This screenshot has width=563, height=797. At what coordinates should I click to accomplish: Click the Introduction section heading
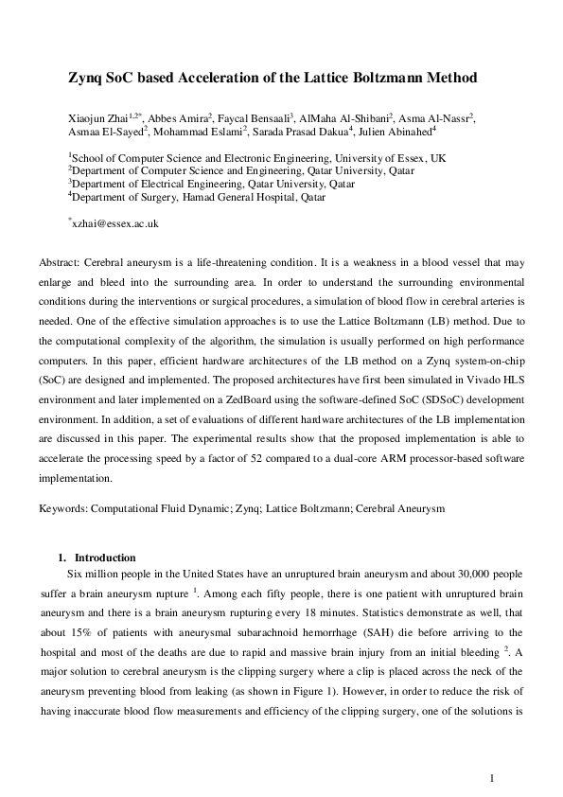[105, 558]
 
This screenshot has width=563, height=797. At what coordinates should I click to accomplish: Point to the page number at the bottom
[493, 778]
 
